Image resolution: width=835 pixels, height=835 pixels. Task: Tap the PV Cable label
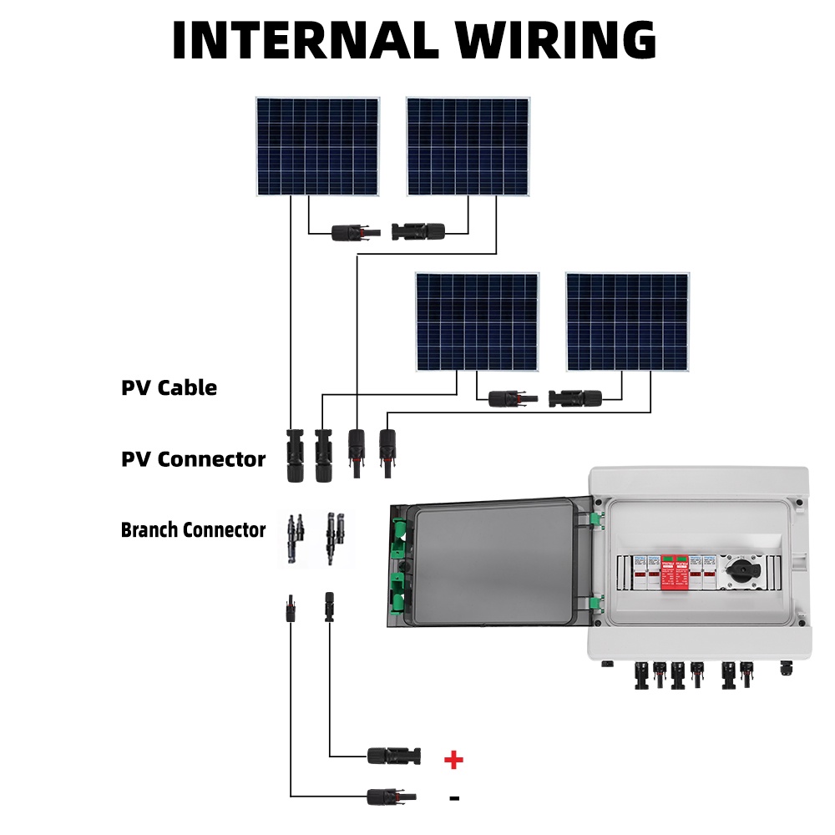(169, 387)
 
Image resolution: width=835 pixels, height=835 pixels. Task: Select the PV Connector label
(193, 459)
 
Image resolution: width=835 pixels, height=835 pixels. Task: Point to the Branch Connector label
(193, 530)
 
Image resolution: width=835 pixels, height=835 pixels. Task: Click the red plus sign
(453, 760)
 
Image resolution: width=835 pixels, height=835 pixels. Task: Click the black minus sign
(454, 798)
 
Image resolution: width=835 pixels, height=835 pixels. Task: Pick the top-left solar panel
(317, 147)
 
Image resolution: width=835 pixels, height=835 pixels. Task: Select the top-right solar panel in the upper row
(468, 147)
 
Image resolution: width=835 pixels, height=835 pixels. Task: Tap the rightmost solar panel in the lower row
(627, 321)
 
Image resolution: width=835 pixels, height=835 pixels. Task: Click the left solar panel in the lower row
(478, 321)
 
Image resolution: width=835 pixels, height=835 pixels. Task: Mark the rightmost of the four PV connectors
(387, 451)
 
